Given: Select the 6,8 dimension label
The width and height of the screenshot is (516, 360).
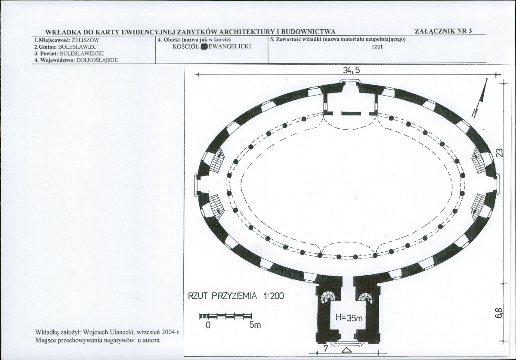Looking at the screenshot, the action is click(498, 313).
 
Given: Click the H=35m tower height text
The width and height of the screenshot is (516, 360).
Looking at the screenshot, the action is click(349, 318).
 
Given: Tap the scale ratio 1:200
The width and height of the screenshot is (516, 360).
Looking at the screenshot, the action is click(273, 296).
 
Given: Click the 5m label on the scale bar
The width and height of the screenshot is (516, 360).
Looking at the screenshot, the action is click(255, 325).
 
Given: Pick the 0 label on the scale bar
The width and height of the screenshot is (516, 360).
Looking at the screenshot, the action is click(208, 325).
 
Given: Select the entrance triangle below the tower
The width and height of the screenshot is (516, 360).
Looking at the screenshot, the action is click(346, 351).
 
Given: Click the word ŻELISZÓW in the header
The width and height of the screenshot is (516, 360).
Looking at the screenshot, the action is click(85, 40).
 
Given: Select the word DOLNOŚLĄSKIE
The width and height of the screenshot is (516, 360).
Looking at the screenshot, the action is click(97, 60).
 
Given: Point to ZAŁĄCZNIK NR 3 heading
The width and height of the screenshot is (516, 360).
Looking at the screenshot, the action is click(443, 31).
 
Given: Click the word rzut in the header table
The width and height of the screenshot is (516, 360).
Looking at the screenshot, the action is click(377, 47).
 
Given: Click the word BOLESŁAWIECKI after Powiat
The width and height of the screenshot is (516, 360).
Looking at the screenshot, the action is click(82, 53).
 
